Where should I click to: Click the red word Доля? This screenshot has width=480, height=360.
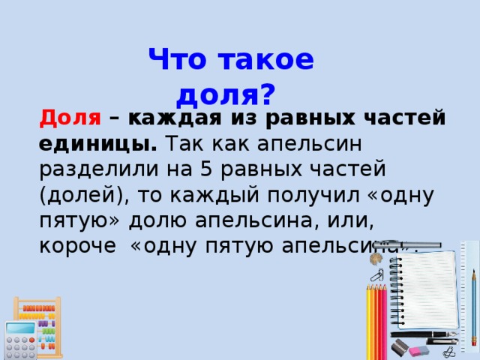pyautogui.click(x=70, y=118)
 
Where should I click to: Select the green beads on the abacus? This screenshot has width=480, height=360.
pyautogui.click(x=48, y=331)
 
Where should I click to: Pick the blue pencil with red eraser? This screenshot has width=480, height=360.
pyautogui.click(x=474, y=300)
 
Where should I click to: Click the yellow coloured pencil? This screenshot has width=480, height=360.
pyautogui.click(x=368, y=322)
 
